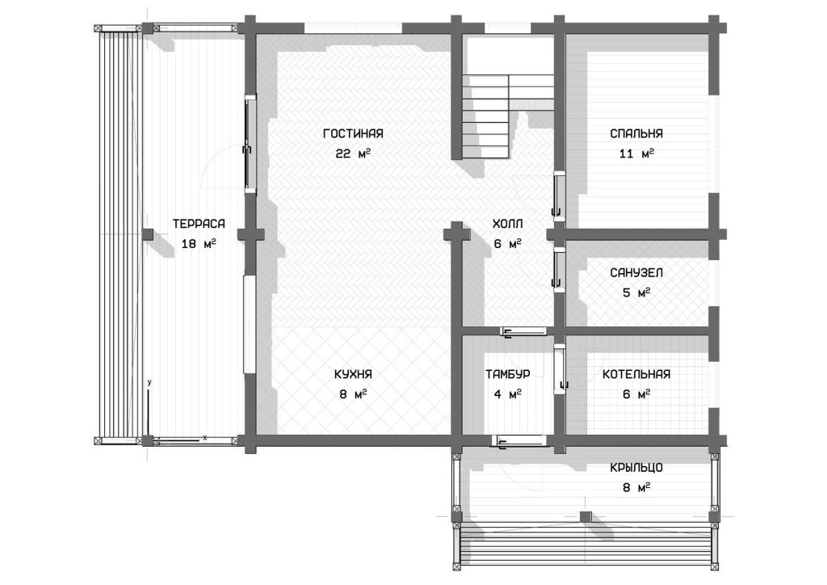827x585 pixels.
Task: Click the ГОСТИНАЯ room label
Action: point(353,133)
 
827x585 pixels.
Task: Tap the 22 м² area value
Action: point(353,154)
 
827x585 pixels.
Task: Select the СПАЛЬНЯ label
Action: point(636,133)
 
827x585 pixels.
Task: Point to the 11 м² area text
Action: point(636,154)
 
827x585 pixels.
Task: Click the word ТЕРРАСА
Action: point(199,224)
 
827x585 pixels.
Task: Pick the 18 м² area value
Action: point(199,244)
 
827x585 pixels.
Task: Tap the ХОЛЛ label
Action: point(508,224)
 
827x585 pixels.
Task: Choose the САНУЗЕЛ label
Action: point(636,273)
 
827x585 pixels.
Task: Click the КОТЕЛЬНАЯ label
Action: point(636,374)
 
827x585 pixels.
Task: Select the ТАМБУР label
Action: point(508,374)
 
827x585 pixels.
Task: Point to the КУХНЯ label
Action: point(353,374)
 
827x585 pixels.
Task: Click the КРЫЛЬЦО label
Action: point(636,467)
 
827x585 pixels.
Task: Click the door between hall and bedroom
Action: point(557,195)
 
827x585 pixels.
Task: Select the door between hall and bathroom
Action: point(557,269)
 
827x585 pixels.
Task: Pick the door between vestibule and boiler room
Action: point(559,368)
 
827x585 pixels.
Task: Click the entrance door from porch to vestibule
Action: point(518,440)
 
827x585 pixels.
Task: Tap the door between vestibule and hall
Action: point(523,331)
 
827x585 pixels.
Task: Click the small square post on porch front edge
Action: point(586,516)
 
